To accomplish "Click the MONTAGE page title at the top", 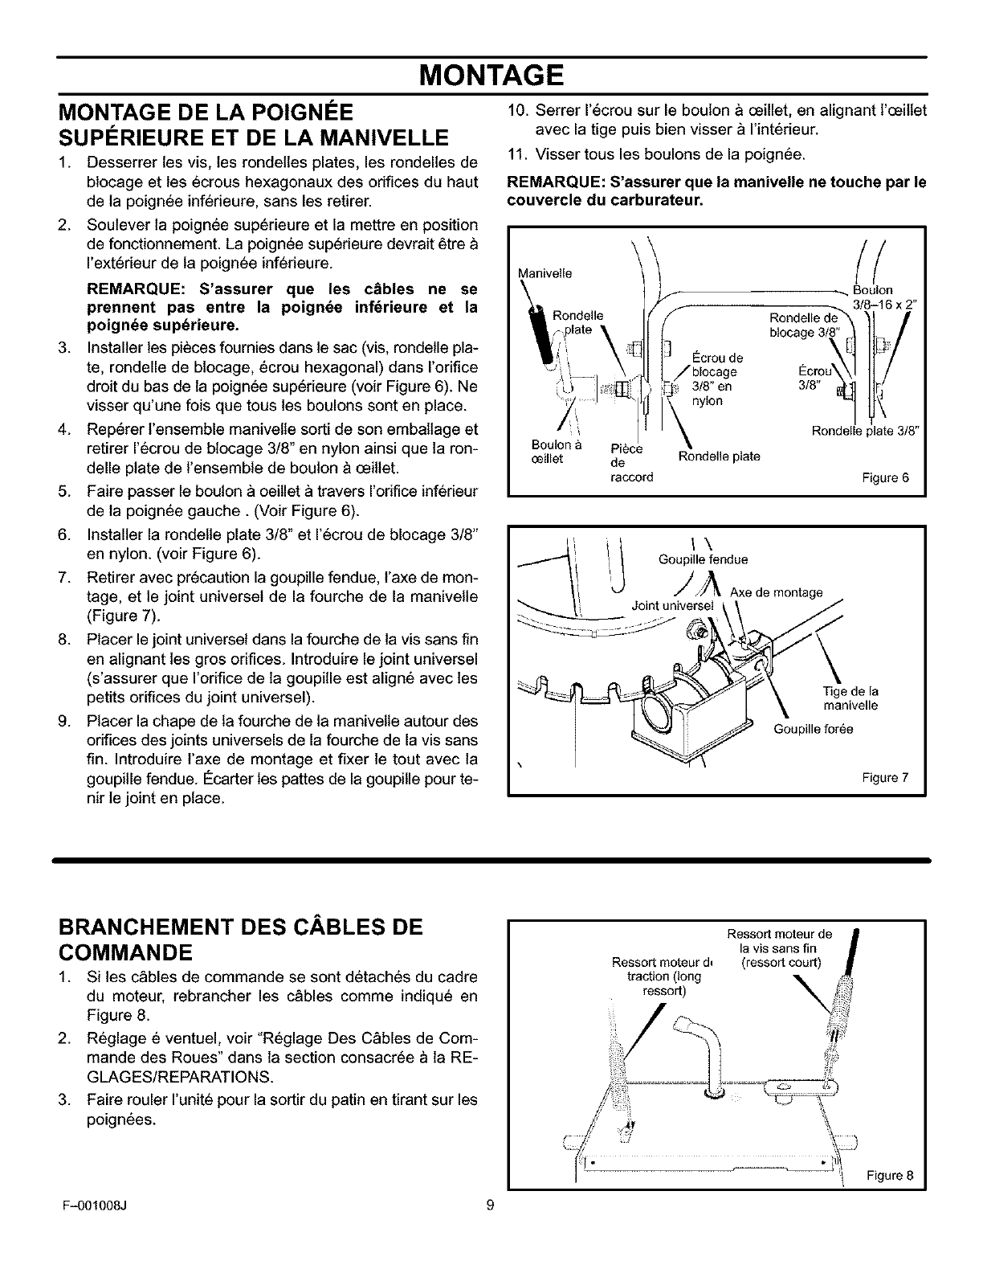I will pos(491,77).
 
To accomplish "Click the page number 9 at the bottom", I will pos(491,1205).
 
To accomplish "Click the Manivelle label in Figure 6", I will pos(546,273).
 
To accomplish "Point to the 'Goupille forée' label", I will pos(813,729).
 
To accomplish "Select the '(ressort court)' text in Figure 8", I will pos(780,963).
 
